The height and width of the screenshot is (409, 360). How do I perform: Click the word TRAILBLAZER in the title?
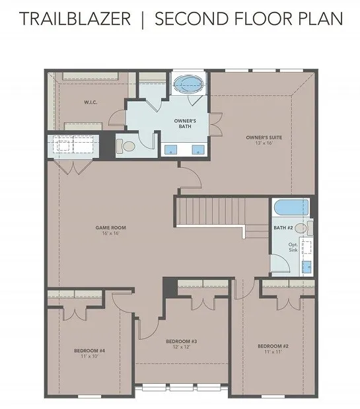point(75,19)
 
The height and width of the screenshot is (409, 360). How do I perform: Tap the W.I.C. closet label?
point(90,102)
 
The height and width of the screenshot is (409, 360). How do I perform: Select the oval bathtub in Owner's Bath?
point(189,84)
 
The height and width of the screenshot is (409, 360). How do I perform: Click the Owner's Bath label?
point(185,124)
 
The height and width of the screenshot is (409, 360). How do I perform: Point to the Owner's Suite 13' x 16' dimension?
point(264,143)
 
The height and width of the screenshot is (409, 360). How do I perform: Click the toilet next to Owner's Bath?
point(126,146)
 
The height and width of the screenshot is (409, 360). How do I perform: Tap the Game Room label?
point(110,227)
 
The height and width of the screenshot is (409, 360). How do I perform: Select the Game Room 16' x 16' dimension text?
point(110,233)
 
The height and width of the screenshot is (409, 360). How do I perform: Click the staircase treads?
point(211,211)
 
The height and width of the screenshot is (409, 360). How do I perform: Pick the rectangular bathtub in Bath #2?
point(291,207)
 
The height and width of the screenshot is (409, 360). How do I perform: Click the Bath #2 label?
point(283,228)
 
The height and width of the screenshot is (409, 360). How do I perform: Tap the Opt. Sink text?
point(293,247)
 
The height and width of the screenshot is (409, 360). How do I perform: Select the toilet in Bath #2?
point(304,228)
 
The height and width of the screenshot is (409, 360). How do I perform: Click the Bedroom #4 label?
point(89,351)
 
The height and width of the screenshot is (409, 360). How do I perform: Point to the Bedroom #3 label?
point(182,341)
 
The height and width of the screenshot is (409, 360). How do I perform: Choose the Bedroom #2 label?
point(273,346)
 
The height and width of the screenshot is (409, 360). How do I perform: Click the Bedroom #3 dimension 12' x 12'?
point(182,347)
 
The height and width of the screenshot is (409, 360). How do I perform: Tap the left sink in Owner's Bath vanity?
point(170,150)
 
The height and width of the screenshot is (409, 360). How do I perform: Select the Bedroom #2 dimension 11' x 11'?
point(273,352)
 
